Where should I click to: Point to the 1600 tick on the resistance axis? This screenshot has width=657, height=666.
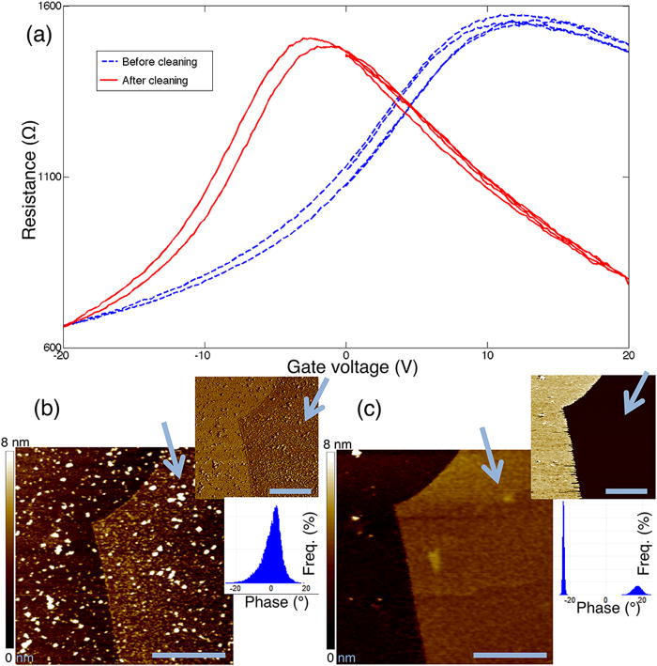click(49, 7)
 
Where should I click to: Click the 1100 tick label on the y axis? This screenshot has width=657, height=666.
click(48, 178)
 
